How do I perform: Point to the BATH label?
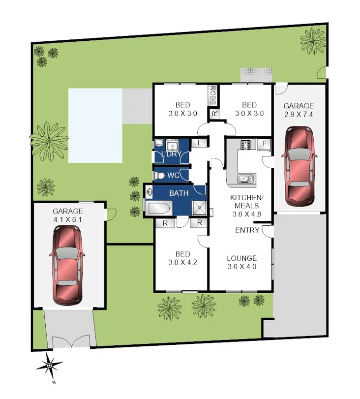[x=179, y=193]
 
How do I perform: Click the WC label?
[x=173, y=175]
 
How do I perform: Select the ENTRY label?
[x=247, y=230]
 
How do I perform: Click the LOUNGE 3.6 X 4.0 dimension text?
[x=241, y=267]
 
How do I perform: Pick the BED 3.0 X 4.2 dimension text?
[x=182, y=262]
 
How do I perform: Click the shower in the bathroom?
[x=200, y=209]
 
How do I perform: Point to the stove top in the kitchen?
[x=245, y=145]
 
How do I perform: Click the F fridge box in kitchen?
[x=264, y=144]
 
